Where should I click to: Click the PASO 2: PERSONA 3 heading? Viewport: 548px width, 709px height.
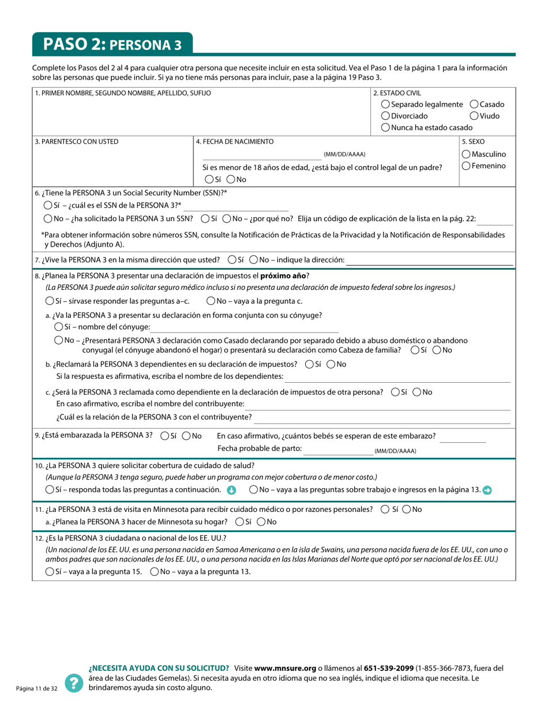pos(112,44)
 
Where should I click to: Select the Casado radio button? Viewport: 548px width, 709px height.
pos(474,104)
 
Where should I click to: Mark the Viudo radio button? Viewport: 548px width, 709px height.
pos(474,116)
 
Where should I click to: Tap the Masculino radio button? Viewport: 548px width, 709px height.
pos(466,154)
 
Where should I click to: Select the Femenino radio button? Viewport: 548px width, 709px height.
pos(466,166)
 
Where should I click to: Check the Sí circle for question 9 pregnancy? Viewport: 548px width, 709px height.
pos(165,436)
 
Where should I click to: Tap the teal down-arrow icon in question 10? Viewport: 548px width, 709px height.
pos(231,490)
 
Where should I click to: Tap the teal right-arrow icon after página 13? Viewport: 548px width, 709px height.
pos(487,490)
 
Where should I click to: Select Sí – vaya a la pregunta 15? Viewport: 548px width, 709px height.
pos(50,572)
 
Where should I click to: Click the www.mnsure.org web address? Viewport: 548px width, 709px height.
pos(284,668)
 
